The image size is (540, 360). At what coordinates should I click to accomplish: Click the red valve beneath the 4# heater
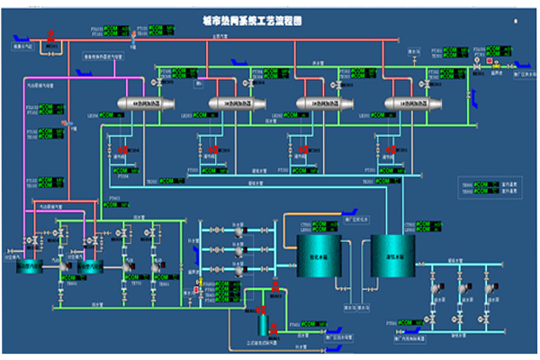127,149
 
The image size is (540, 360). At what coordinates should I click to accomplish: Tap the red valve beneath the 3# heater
214,149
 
